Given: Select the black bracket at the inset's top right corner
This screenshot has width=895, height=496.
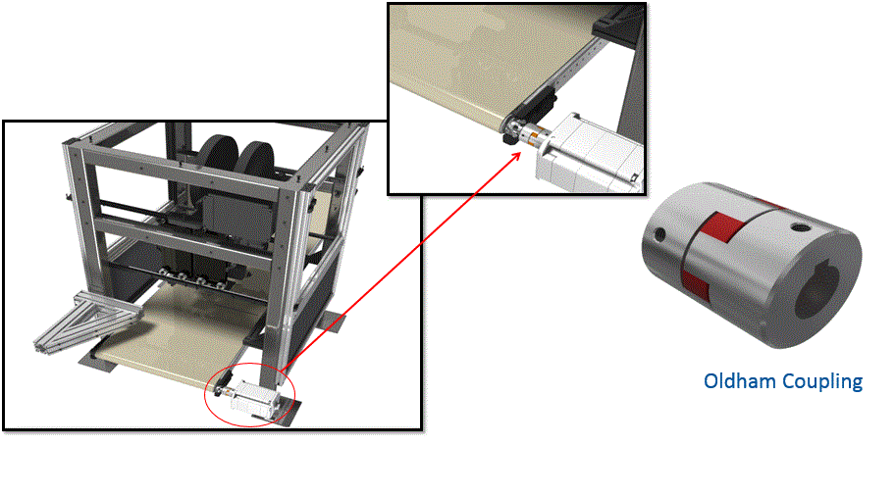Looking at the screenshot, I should (620, 20).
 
